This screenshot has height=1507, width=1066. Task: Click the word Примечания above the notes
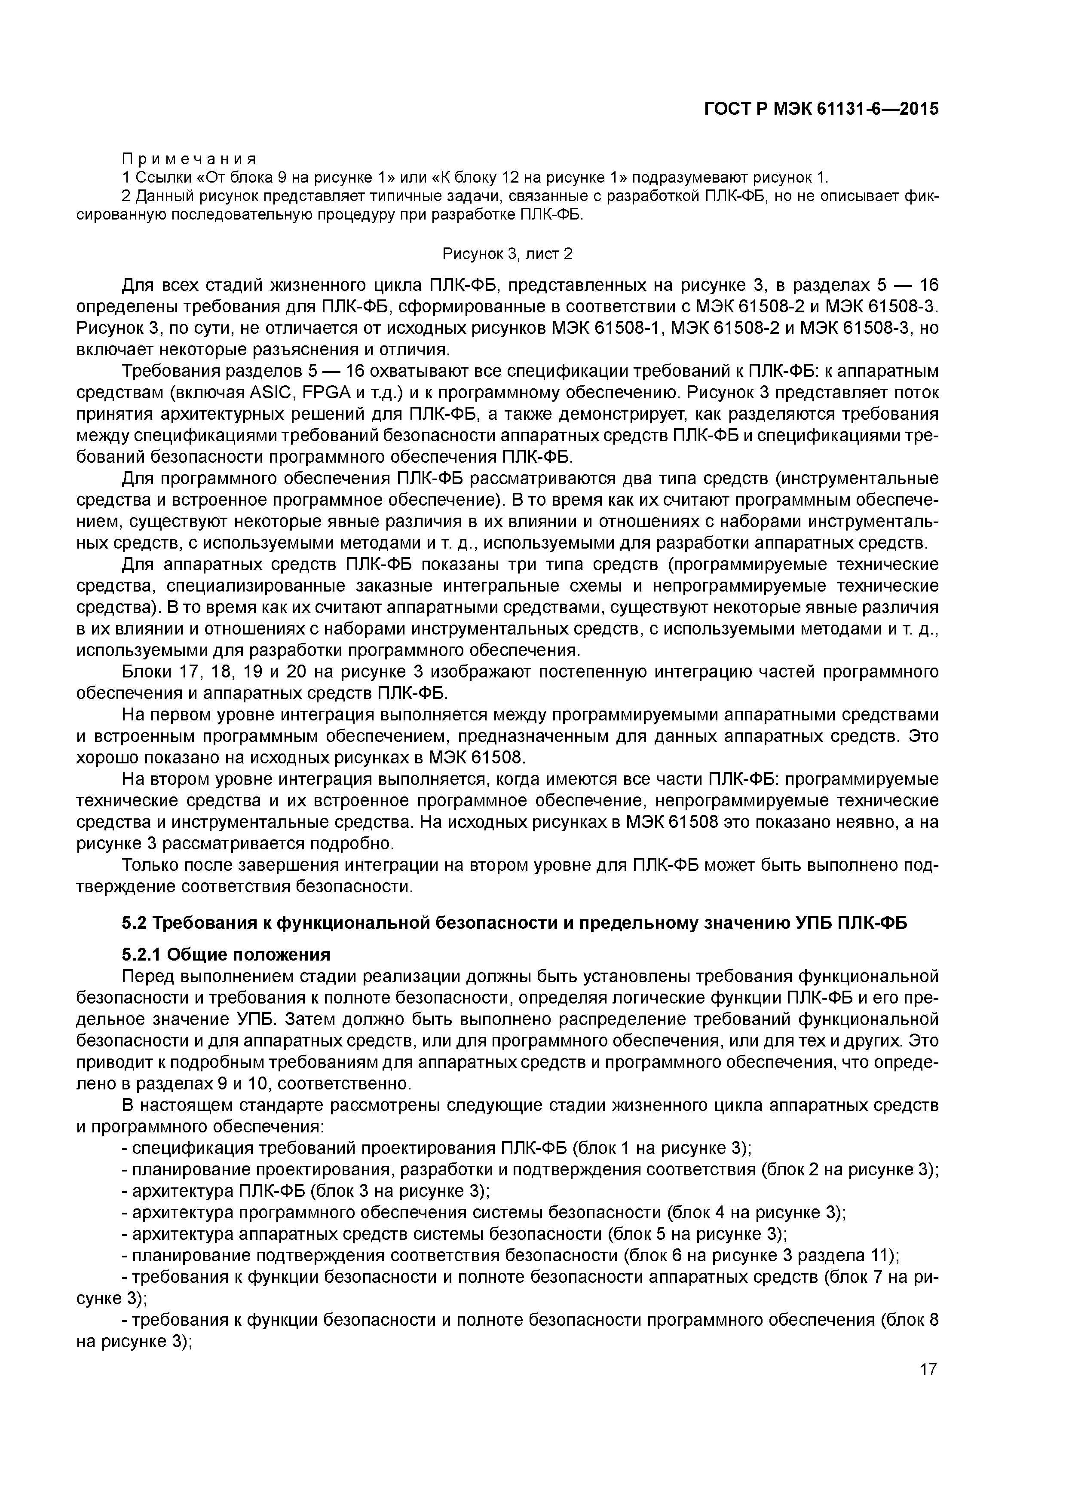coord(189,159)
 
